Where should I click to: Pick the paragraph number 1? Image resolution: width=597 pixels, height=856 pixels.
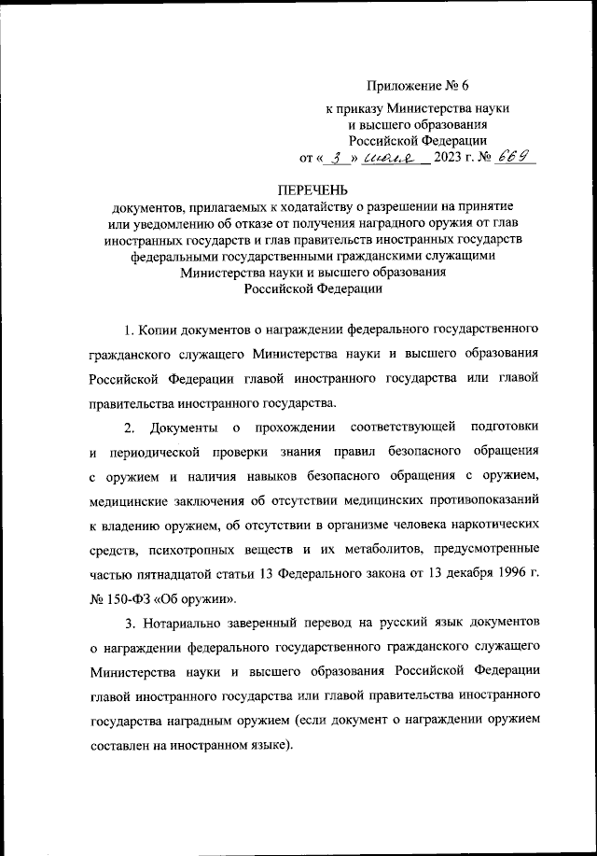128,331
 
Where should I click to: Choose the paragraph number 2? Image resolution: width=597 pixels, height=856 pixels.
131,428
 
